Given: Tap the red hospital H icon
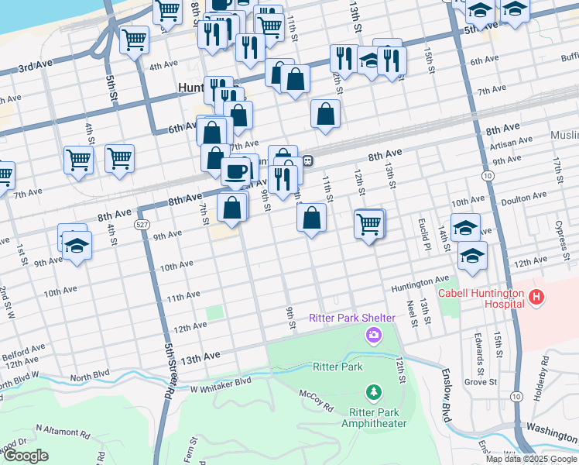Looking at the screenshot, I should click(x=536, y=297).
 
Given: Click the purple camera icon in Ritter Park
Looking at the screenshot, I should click(x=374, y=335).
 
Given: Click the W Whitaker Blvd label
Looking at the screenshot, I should click(x=221, y=381).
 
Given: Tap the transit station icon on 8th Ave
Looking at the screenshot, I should click(x=308, y=161).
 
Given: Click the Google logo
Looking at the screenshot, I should click(x=26, y=456).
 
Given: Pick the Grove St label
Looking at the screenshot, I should click(x=481, y=382).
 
